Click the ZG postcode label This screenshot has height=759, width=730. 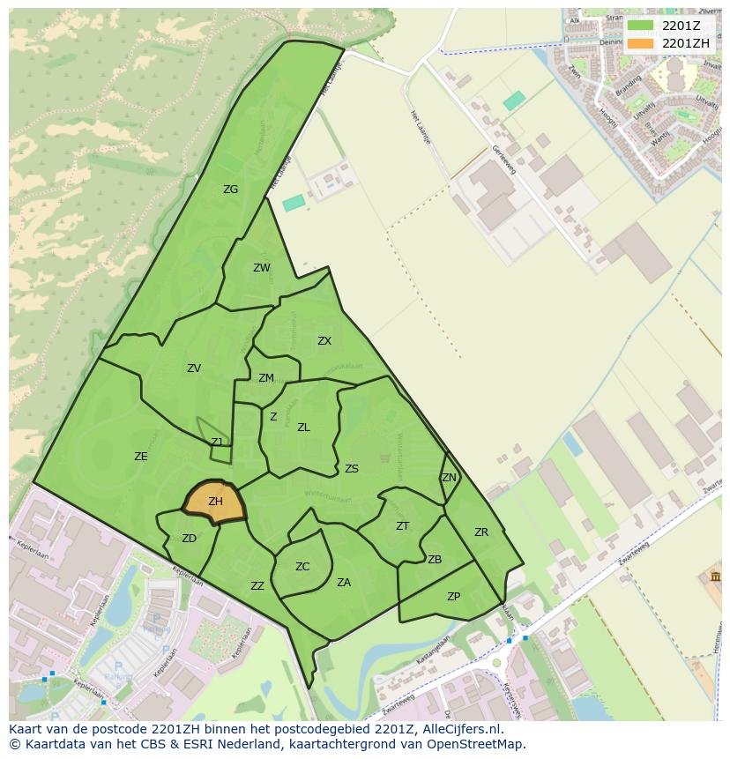230,190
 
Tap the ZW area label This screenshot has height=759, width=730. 262,268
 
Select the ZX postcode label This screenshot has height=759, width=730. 324,341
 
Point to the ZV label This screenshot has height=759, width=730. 194,368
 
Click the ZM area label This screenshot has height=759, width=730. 266,378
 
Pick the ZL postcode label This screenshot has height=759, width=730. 303,428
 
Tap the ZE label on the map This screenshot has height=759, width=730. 141,457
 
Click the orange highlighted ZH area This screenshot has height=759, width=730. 215,502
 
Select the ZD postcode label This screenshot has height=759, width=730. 189,539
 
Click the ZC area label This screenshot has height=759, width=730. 302,567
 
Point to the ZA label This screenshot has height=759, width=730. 344,583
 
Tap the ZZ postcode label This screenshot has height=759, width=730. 257,586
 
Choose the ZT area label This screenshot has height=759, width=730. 402,526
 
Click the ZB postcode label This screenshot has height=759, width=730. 435,560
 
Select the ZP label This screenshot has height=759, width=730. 453,597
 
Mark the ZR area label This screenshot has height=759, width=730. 481,532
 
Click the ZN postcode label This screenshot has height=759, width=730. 449,478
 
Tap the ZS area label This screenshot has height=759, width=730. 352,469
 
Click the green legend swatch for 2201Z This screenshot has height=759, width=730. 641,26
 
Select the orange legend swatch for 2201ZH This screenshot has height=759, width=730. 641,43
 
